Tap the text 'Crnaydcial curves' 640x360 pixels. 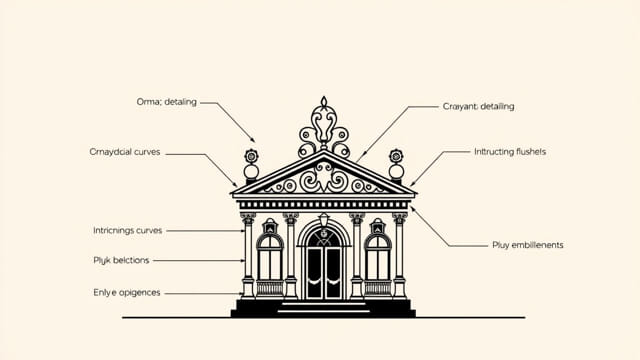[125, 153]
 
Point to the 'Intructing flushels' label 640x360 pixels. [509, 152]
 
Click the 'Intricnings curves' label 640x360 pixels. [127, 231]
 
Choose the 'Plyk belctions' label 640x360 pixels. [119, 260]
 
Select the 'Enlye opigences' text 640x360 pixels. [125, 293]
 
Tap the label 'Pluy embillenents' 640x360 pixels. [528, 245]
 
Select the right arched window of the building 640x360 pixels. [377, 257]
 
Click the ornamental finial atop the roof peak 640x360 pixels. [322, 125]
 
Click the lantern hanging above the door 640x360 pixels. [323, 220]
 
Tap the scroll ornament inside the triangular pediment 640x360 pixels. [322, 178]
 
